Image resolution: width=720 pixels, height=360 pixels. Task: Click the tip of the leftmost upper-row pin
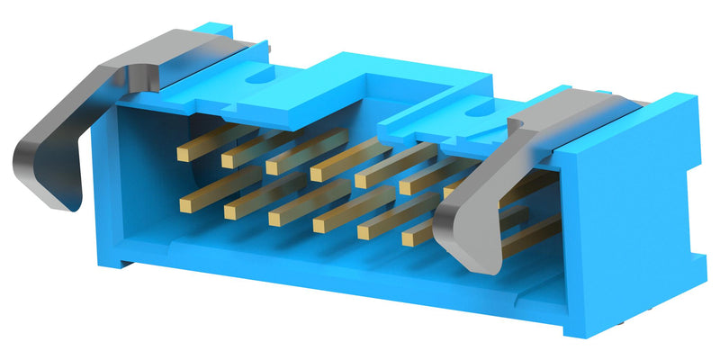(183, 154)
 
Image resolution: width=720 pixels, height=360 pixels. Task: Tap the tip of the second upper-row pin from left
(228, 160)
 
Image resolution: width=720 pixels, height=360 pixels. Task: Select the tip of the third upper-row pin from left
(272, 167)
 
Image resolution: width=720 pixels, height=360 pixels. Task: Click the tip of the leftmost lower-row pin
(188, 204)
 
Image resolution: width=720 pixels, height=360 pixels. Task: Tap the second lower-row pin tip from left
(231, 211)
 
